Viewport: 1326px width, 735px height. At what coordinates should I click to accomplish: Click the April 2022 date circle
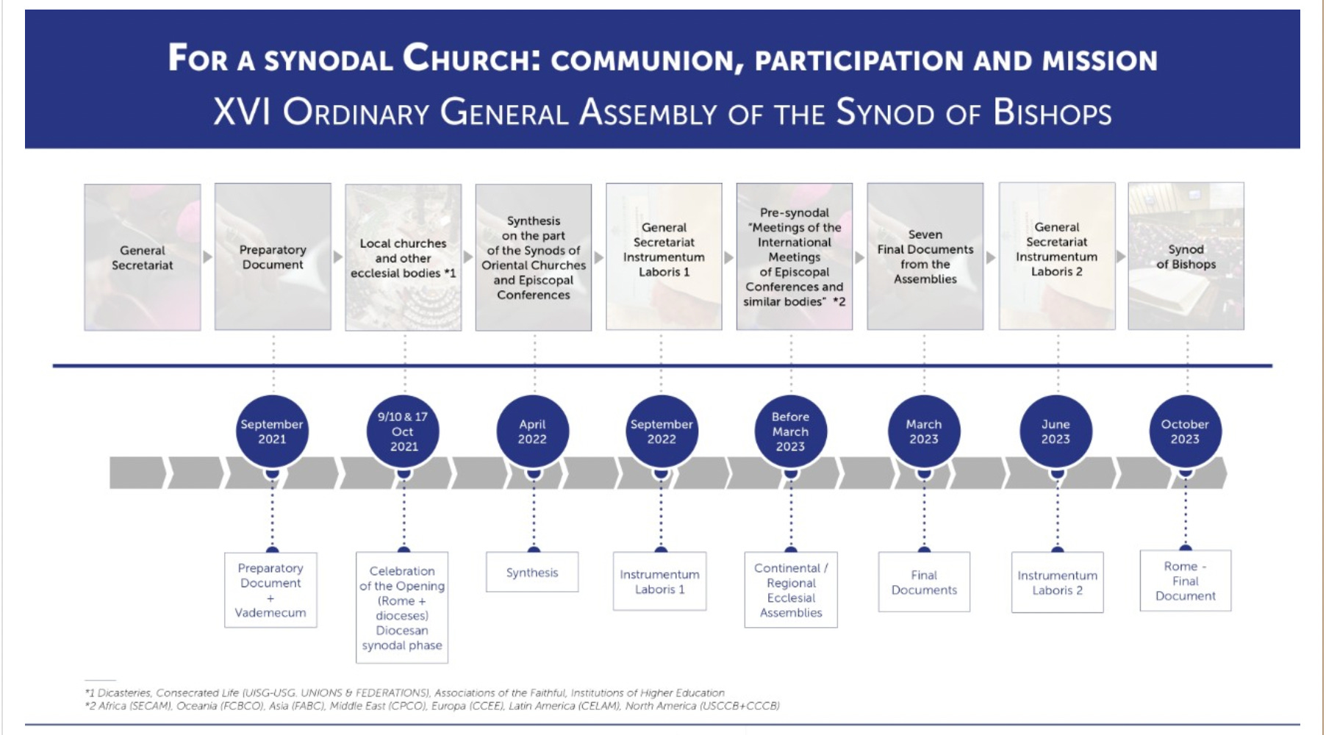(532, 431)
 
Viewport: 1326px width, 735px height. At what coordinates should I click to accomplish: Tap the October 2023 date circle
(1185, 431)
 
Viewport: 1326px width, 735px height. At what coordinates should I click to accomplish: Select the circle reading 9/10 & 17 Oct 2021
(403, 431)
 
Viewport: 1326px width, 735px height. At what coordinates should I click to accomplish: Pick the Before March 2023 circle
(790, 431)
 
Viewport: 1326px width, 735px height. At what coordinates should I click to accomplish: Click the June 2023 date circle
(1056, 431)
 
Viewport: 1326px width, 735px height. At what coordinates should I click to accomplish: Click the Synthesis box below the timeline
(532, 573)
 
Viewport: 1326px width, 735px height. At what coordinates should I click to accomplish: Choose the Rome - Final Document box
(1185, 581)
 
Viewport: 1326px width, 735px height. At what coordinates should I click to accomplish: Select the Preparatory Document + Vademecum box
(270, 590)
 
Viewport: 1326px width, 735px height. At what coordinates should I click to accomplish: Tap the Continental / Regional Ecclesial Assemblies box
(791, 590)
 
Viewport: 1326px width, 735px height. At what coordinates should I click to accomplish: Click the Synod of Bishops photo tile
(1186, 257)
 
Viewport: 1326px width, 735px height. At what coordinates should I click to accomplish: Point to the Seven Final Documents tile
(925, 257)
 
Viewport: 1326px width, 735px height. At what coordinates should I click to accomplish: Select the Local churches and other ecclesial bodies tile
(403, 257)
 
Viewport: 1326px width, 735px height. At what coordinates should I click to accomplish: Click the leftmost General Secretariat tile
(142, 257)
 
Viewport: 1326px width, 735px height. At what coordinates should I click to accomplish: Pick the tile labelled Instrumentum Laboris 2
(1056, 257)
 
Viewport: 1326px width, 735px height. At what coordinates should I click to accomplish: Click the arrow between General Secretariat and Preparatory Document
(207, 257)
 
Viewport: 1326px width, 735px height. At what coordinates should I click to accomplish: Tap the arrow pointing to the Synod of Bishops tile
(1121, 257)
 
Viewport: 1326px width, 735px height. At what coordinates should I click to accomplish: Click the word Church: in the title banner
(471, 58)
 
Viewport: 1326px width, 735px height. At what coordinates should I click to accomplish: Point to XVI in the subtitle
(242, 113)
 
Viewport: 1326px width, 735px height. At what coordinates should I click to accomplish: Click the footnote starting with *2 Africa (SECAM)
(431, 706)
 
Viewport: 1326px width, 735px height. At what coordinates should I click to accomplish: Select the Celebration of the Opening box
(402, 608)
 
